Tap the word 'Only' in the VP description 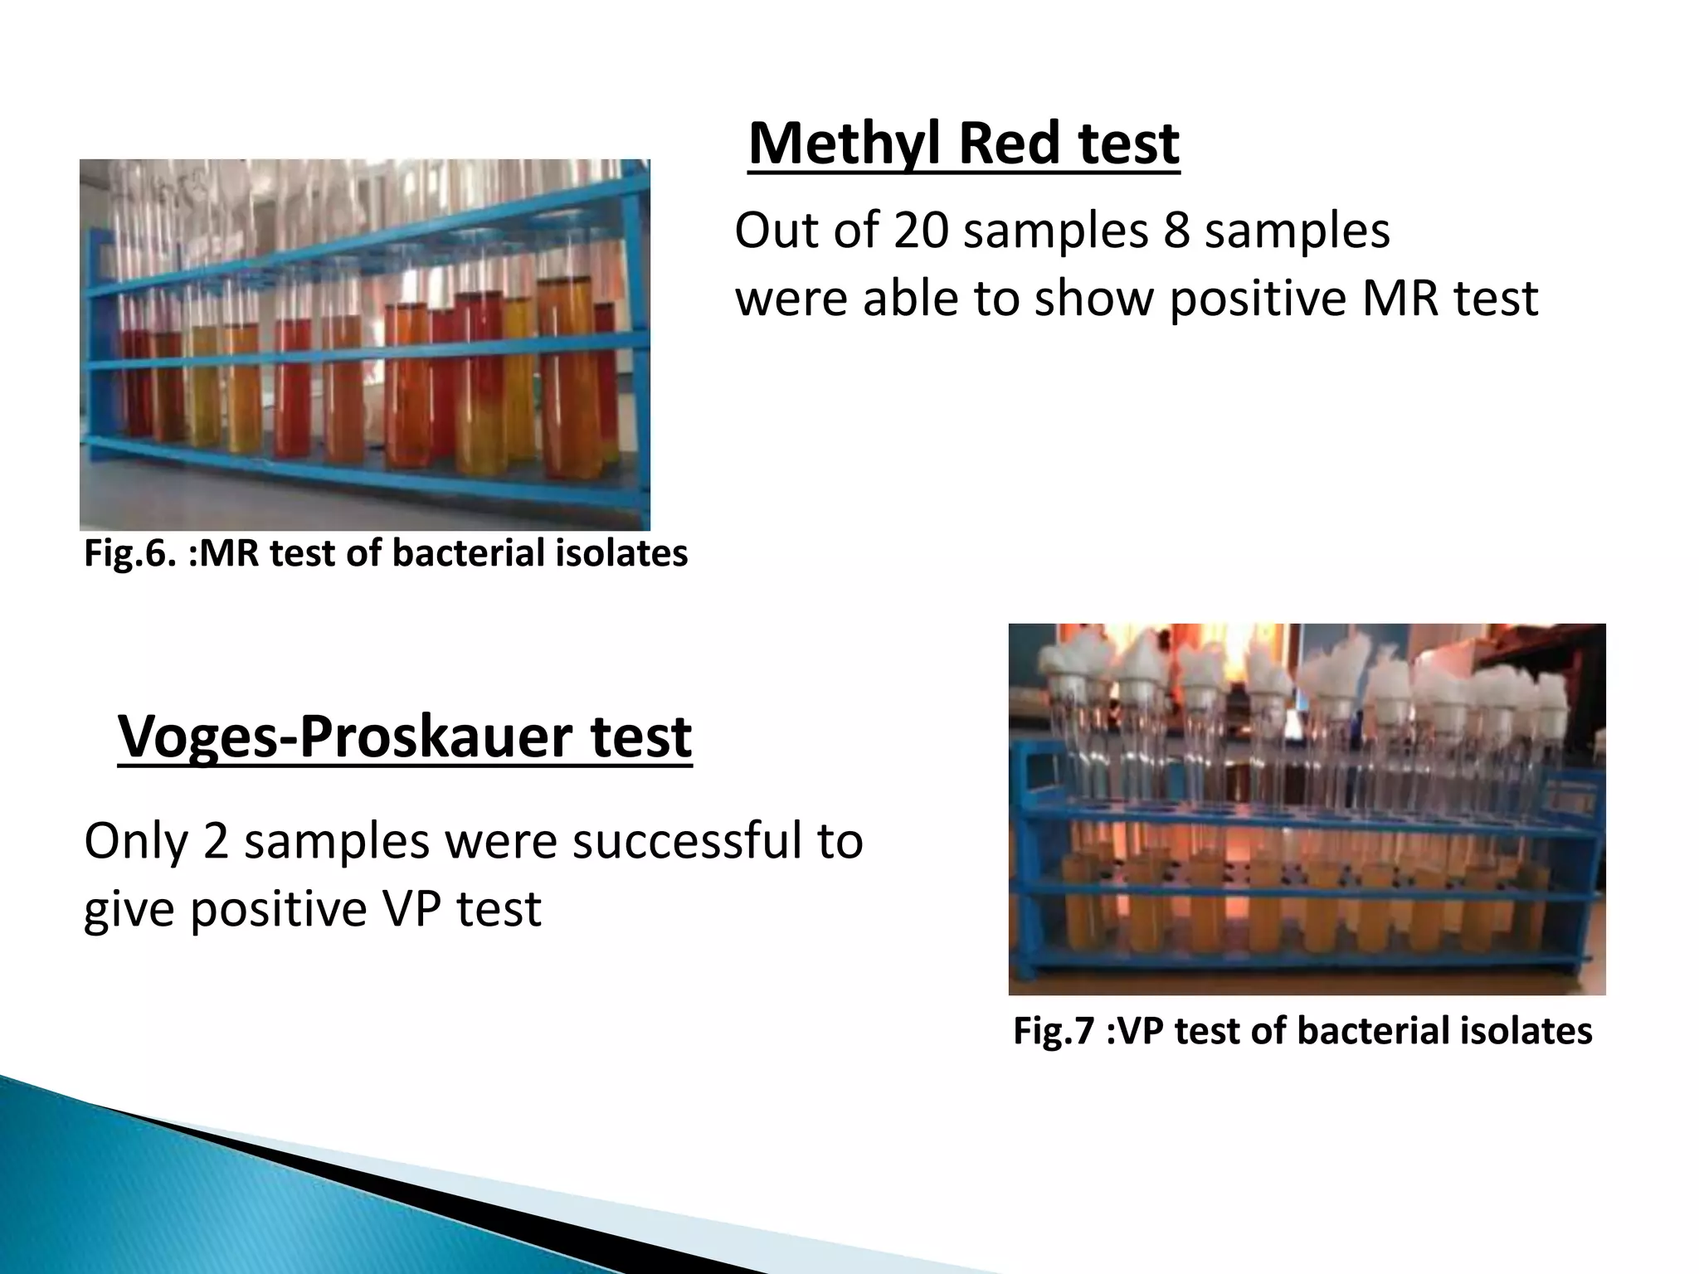pos(135,841)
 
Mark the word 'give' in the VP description pos(129,909)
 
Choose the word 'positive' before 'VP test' pos(280,909)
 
